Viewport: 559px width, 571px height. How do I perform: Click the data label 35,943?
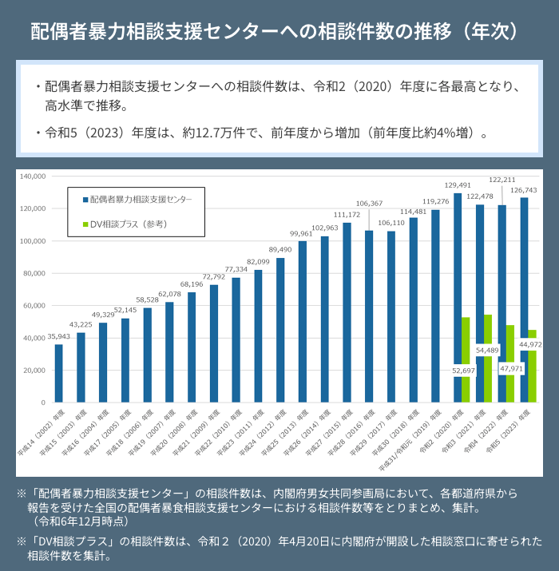tap(57, 337)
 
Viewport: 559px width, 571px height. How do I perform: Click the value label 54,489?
tap(487, 349)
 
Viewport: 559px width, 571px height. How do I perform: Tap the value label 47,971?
tap(509, 370)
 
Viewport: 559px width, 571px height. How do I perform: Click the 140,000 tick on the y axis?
tap(34, 176)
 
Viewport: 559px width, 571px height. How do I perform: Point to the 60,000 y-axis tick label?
tap(35, 306)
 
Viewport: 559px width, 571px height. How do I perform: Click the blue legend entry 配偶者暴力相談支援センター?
tap(141, 197)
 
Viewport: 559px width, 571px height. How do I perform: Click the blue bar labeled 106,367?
tap(369, 315)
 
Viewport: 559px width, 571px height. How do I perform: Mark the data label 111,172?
tap(347, 215)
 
